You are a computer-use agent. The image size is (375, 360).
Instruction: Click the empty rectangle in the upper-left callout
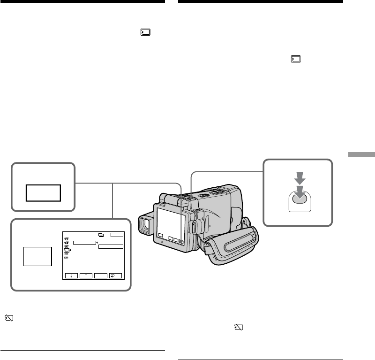click(x=43, y=192)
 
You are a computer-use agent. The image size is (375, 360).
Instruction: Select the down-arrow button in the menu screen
click(x=72, y=276)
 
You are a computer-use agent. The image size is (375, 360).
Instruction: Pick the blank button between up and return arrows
click(x=102, y=276)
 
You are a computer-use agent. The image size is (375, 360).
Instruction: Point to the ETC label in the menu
click(x=67, y=258)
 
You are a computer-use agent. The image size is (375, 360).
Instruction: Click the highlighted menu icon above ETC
click(x=67, y=250)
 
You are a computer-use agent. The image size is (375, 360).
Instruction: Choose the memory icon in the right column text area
click(x=295, y=60)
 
